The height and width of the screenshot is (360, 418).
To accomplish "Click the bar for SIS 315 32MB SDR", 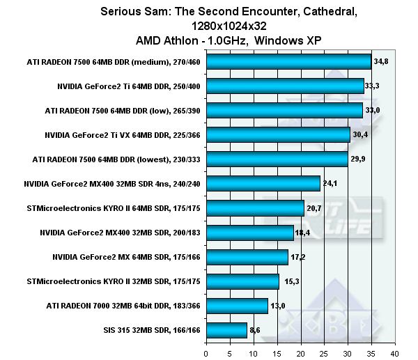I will (226, 330).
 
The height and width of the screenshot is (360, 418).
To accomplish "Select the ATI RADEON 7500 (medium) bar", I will (288, 62).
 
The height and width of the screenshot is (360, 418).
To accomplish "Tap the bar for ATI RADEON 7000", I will (237, 306).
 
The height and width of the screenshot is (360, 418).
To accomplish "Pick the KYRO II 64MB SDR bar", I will (255, 208).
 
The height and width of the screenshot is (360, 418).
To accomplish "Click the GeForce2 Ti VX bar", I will (278, 135).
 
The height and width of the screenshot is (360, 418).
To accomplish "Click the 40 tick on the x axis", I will (395, 353).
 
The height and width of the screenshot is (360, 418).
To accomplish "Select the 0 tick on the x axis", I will (206, 353).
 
